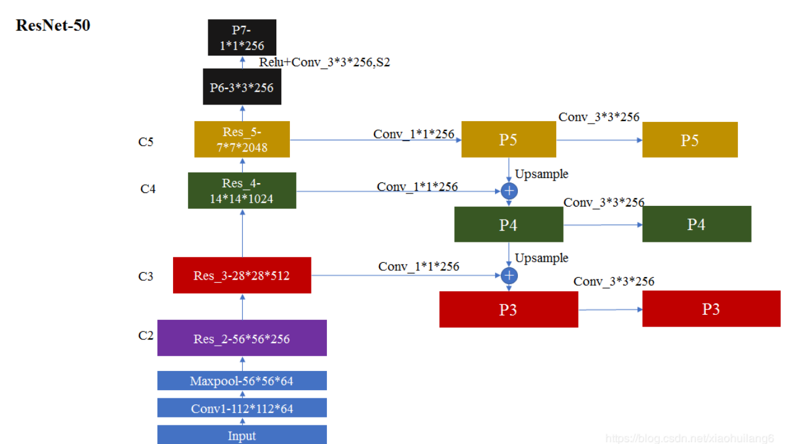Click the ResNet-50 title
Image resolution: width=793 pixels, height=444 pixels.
point(53,25)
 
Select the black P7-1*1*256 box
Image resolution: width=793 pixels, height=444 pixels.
point(242,38)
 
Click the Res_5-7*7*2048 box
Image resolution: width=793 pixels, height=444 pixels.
point(242,139)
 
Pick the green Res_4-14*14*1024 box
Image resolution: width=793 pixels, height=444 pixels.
point(242,190)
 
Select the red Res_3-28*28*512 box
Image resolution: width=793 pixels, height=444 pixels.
point(242,275)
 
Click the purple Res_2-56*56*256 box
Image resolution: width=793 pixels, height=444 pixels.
point(242,338)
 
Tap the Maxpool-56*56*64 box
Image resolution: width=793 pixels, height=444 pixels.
point(242,381)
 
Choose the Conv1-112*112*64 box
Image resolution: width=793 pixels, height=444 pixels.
point(242,408)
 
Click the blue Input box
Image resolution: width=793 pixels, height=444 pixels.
point(242,435)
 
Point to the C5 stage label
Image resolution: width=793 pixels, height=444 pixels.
point(146,142)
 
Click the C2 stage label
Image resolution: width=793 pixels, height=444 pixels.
point(146,336)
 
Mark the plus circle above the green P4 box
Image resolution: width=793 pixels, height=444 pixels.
point(509,191)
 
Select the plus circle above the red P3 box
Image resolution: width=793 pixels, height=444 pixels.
point(509,275)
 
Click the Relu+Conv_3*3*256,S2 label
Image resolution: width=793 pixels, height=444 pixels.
point(324,62)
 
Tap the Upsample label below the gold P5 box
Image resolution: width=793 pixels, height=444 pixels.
point(541,174)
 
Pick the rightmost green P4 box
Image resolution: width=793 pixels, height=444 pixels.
point(697,224)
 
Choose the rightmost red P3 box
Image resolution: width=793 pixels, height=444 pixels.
point(711,309)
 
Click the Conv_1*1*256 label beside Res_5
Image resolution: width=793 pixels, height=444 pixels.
point(413,134)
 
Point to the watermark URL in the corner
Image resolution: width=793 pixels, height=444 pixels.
point(689,438)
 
